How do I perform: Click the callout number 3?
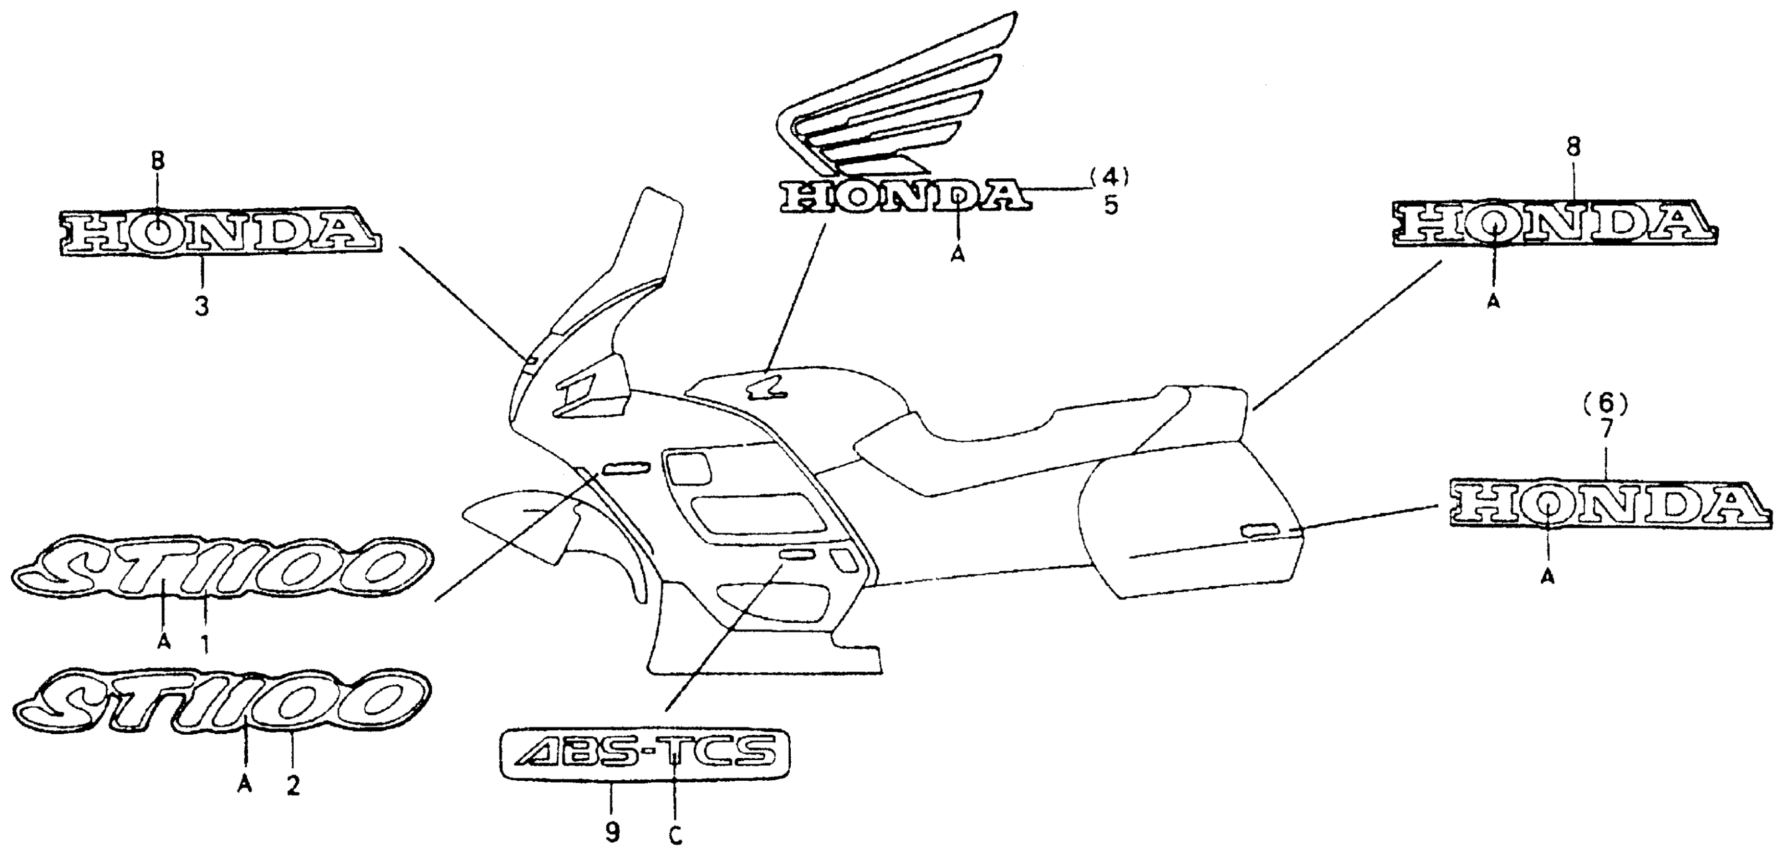click(202, 306)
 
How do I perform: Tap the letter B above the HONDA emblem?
click(158, 162)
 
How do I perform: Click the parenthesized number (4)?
click(1109, 178)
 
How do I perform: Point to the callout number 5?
click(1111, 206)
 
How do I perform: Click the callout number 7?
click(1606, 429)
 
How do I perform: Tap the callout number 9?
click(612, 832)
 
